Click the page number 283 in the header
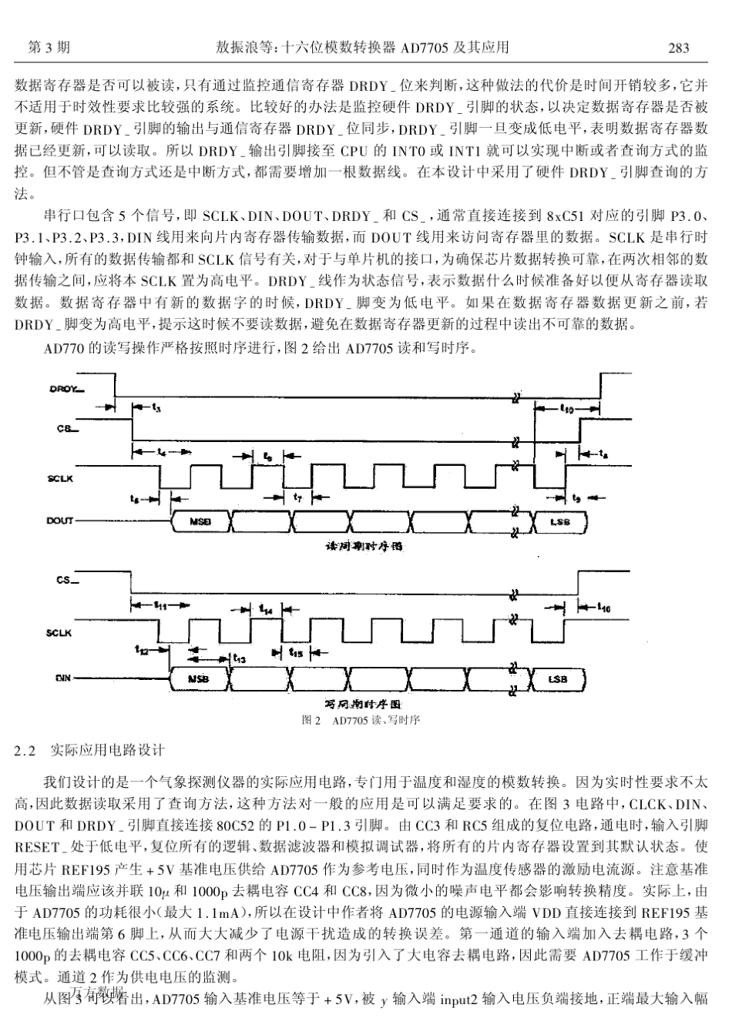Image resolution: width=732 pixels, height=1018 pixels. tap(678, 48)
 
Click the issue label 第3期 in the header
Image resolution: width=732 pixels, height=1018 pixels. tap(48, 48)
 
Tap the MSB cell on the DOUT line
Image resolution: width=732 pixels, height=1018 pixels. tap(200, 522)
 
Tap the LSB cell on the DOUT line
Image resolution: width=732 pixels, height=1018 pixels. tap(559, 522)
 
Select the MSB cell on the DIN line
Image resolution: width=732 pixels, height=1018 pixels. tap(199, 679)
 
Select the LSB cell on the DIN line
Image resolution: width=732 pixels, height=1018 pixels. tap(558, 679)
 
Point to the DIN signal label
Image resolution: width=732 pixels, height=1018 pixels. tap(63, 678)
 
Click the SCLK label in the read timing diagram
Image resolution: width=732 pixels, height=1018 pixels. tap(60, 479)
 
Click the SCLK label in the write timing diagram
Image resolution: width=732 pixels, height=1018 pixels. tap(60, 633)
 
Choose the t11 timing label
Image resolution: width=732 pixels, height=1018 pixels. tap(160, 604)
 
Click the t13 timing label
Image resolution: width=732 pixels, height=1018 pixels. tap(240, 659)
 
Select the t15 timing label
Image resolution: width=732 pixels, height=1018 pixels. tap(297, 653)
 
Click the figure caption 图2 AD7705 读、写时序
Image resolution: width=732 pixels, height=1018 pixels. tap(361, 721)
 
